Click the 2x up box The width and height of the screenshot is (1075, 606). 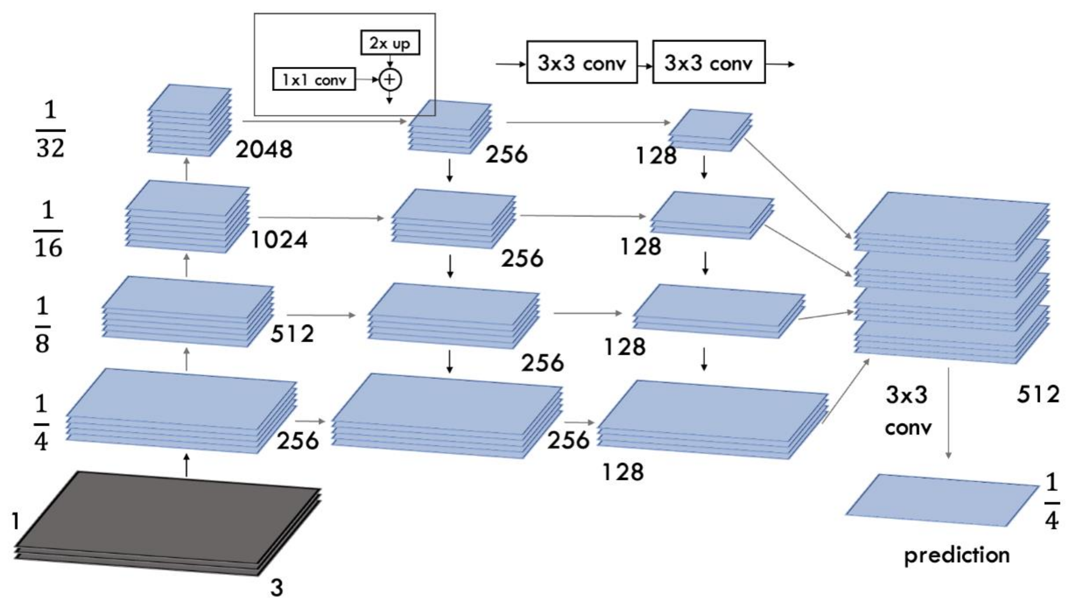(390, 43)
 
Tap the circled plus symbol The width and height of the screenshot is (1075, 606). (390, 79)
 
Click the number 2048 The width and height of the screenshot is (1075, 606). (264, 149)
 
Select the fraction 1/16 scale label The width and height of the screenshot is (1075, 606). (48, 230)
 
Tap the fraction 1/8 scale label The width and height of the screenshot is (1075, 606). (42, 325)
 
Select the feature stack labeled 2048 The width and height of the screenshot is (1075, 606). (189, 121)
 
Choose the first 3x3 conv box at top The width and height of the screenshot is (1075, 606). (582, 62)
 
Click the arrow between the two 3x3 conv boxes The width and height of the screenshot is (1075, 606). (645, 65)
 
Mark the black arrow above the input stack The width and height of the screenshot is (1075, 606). (186, 465)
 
